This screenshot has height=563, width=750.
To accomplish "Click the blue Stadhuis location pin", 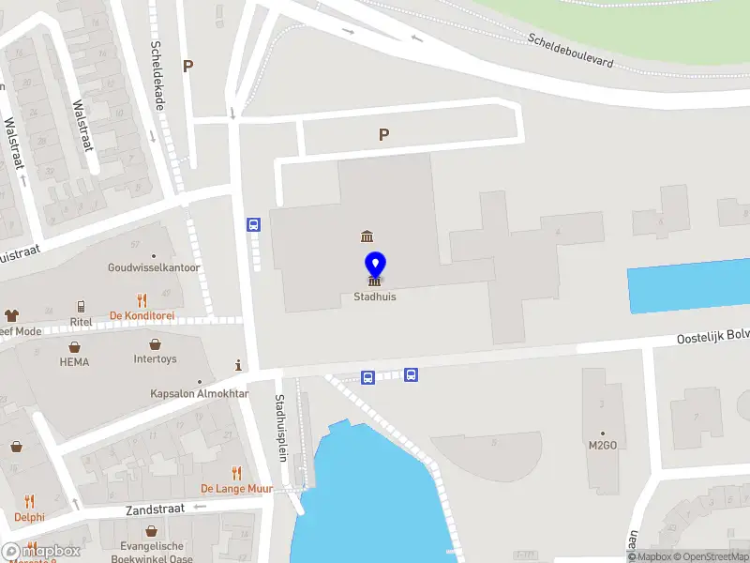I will pyautogui.click(x=374, y=266).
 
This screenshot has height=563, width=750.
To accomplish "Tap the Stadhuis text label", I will pyautogui.click(x=374, y=297).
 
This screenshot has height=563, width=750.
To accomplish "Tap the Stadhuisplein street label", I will pyautogui.click(x=280, y=427).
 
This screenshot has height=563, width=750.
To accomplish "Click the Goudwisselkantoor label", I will pyautogui.click(x=155, y=267).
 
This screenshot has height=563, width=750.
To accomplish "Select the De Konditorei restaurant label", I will pyautogui.click(x=142, y=315).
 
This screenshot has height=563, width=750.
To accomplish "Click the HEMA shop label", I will pyautogui.click(x=74, y=362).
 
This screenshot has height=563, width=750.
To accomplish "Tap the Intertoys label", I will pyautogui.click(x=155, y=358).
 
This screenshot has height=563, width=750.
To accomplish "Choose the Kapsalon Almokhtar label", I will pyautogui.click(x=200, y=394).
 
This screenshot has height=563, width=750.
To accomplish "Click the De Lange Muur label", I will pyautogui.click(x=235, y=489).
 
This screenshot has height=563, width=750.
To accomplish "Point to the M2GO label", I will pyautogui.click(x=603, y=445).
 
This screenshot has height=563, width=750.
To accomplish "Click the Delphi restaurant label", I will pyautogui.click(x=29, y=517).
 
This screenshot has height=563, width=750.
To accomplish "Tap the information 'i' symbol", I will pyautogui.click(x=239, y=365).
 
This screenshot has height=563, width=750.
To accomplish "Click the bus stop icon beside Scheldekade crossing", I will pyautogui.click(x=253, y=224).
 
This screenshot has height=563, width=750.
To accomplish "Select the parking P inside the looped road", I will pyautogui.click(x=383, y=135).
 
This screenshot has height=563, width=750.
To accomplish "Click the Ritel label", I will pyautogui.click(x=82, y=322).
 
